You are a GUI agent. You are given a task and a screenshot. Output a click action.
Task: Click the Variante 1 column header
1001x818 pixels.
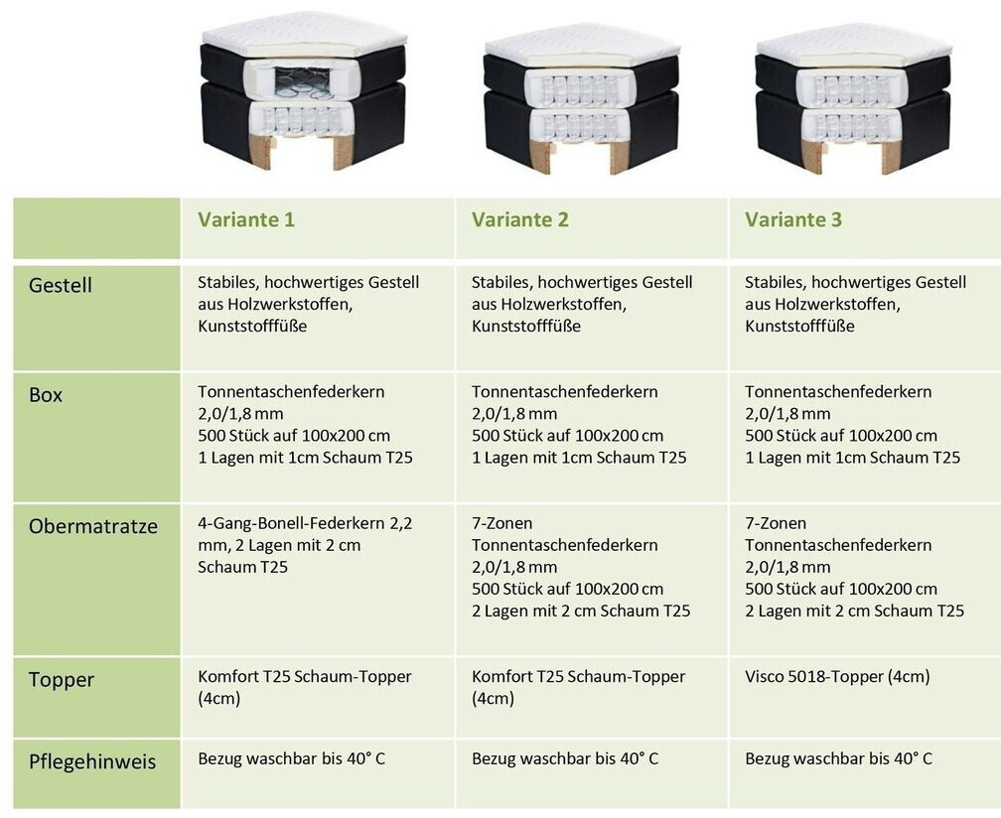pyautogui.click(x=246, y=220)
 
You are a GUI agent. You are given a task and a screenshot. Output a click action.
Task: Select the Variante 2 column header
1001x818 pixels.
pyautogui.click(x=520, y=220)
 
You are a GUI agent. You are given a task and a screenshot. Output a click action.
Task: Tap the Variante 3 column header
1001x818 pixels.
pyautogui.click(x=793, y=220)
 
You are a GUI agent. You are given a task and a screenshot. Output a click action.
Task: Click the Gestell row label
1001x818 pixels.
pyautogui.click(x=60, y=286)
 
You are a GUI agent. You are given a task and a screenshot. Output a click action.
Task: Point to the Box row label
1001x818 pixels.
pyautogui.click(x=46, y=395)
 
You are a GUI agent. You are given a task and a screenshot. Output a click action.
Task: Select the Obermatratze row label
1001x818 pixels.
pyautogui.click(x=93, y=526)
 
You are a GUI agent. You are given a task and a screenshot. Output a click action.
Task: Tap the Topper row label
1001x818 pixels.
pyautogui.click(x=62, y=680)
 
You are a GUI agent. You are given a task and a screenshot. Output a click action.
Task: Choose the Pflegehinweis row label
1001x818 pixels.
pyautogui.click(x=92, y=762)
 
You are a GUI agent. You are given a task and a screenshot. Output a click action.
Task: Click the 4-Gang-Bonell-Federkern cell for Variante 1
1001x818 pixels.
pyautogui.click(x=304, y=545)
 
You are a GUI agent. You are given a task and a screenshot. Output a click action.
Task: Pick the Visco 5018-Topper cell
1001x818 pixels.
pyautogui.click(x=837, y=677)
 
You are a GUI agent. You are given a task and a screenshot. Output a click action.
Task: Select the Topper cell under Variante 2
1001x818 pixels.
pyautogui.click(x=578, y=687)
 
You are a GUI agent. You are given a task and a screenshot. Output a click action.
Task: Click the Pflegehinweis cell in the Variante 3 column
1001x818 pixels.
pyautogui.click(x=838, y=759)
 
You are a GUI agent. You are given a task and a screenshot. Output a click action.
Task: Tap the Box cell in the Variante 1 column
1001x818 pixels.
pyautogui.click(x=304, y=425)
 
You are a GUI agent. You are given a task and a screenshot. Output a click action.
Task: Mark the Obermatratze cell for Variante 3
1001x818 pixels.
pyautogui.click(x=854, y=567)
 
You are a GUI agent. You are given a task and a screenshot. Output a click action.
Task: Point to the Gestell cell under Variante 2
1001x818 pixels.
pyautogui.click(x=582, y=305)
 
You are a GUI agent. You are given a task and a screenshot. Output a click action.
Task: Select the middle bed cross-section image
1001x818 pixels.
pyautogui.click(x=582, y=99)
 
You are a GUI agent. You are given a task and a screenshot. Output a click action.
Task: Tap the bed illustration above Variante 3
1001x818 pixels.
pyautogui.click(x=853, y=99)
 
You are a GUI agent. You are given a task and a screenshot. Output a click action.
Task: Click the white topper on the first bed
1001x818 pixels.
pyautogui.click(x=303, y=36)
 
